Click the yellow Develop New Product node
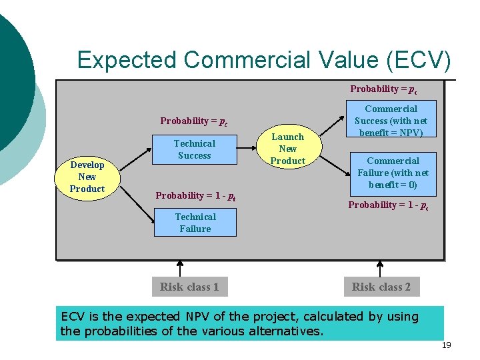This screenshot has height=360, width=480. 87,177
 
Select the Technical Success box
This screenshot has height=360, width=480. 195,149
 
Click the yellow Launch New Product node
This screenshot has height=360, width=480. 288,149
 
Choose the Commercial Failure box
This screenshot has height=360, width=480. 393,173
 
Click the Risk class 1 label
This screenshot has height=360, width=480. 189,287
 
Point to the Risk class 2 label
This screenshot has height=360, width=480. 381,287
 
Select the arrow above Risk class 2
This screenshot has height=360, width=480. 380,269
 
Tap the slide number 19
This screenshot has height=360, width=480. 447,345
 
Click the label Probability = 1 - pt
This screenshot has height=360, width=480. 195,195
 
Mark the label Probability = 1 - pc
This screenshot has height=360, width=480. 388,205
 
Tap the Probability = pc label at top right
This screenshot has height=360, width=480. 384,89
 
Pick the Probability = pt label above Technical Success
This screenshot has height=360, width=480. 194,121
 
